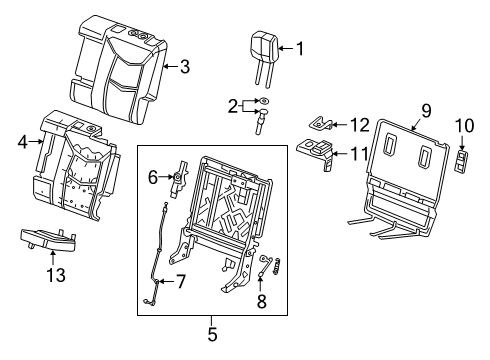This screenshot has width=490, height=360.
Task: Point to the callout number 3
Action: (183, 67)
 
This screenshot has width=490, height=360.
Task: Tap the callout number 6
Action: (153, 177)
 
